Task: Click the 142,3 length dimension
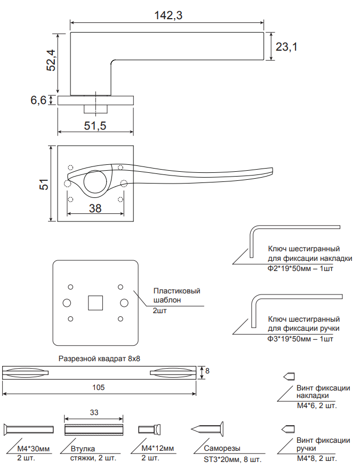pos(169,15)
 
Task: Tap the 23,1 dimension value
pos(286,47)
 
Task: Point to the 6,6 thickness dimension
pos(38,100)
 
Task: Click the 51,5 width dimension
pos(95,126)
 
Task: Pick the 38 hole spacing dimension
pos(95,208)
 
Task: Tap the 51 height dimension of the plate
pos(44,184)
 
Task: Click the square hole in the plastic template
pos(95,302)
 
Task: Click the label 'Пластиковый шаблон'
pos(177,296)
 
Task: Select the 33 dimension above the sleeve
pos(94,412)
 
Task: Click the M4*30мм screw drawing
pos(29,429)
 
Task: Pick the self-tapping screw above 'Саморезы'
pos(207,428)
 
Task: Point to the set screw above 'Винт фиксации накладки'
pos(289,376)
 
